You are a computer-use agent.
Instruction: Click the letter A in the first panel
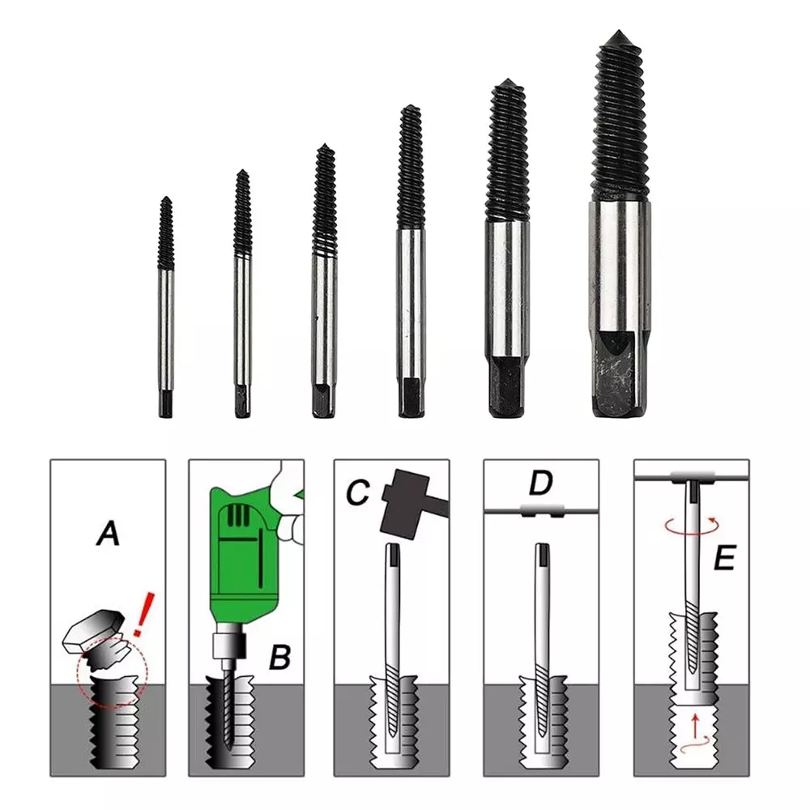pos(108,534)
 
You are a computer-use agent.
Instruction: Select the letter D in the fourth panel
pos(540,483)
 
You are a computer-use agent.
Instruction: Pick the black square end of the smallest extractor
pos(165,403)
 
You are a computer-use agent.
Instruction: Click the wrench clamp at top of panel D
pos(540,511)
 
